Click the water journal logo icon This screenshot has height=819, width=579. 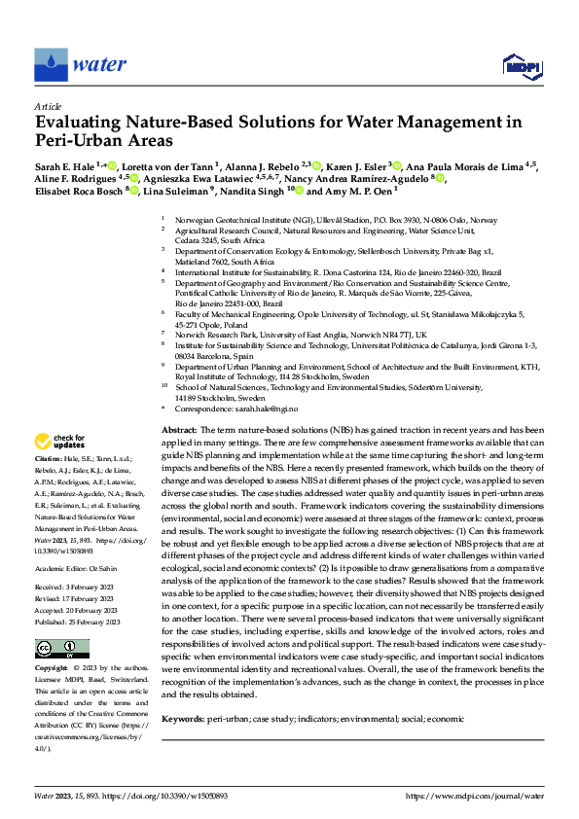click(51, 65)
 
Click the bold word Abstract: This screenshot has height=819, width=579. click(180, 430)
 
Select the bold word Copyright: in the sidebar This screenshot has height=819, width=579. click(51, 642)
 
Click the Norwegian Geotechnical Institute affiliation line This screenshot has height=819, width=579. click(336, 221)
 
